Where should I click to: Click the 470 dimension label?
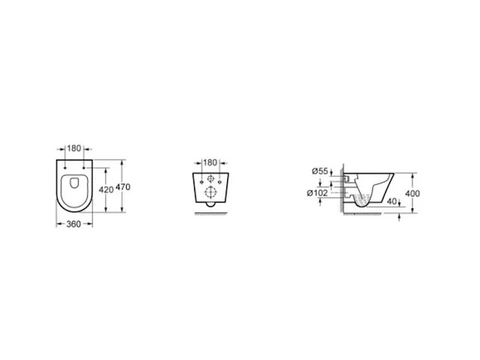(123, 187)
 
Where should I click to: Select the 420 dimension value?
(106, 190)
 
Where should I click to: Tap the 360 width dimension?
(73, 224)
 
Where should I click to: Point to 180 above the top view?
(74, 148)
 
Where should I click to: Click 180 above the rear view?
(210, 163)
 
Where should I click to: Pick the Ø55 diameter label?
(320, 171)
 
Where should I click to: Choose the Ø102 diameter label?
(317, 193)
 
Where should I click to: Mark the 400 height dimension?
(412, 193)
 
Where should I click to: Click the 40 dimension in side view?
(391, 202)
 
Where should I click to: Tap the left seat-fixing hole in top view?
(65, 168)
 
